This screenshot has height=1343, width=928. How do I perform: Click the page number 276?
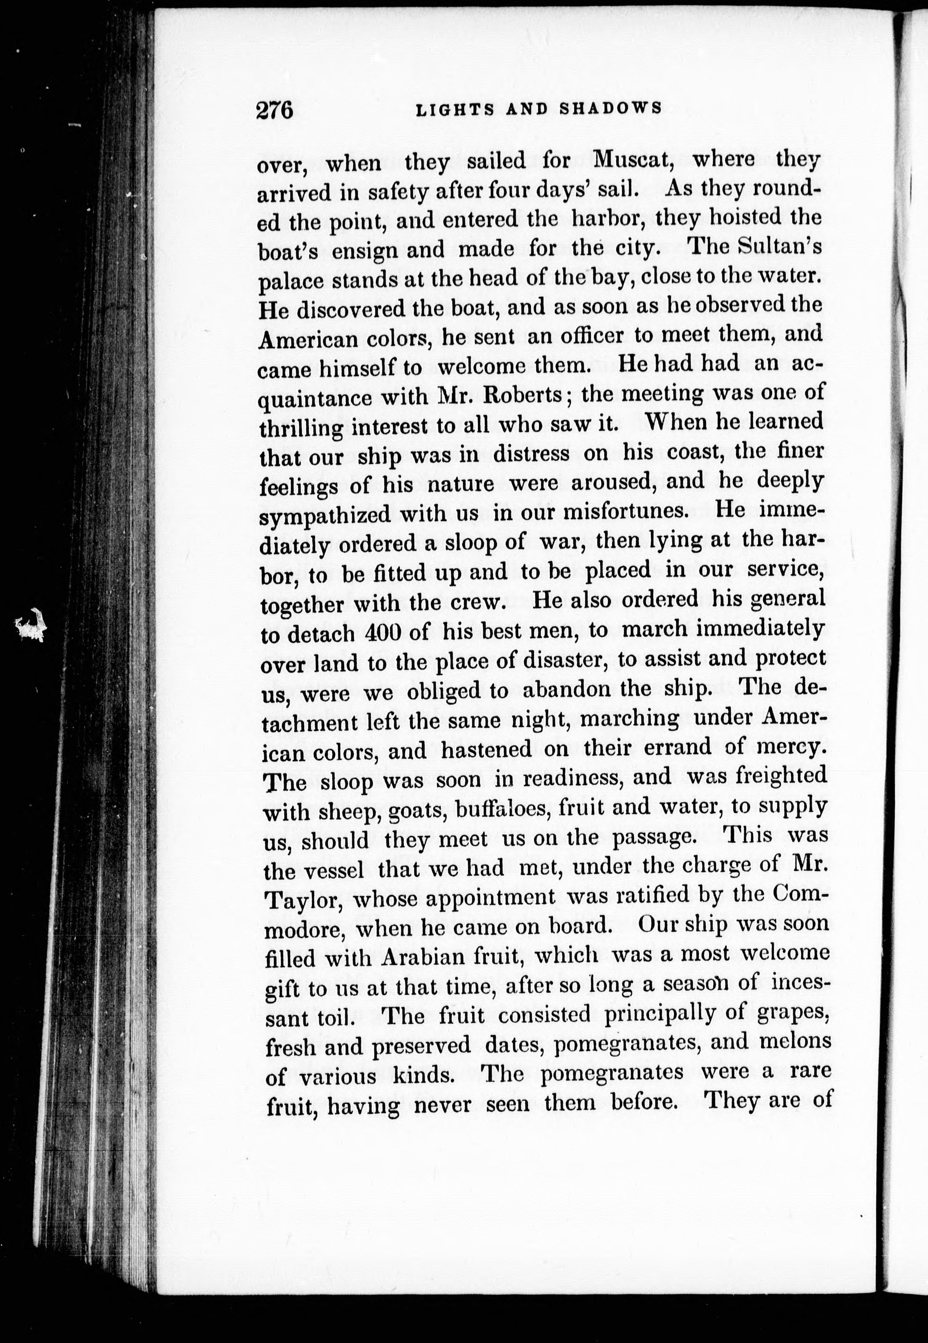click(275, 109)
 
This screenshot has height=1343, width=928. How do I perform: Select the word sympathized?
click(326, 515)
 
